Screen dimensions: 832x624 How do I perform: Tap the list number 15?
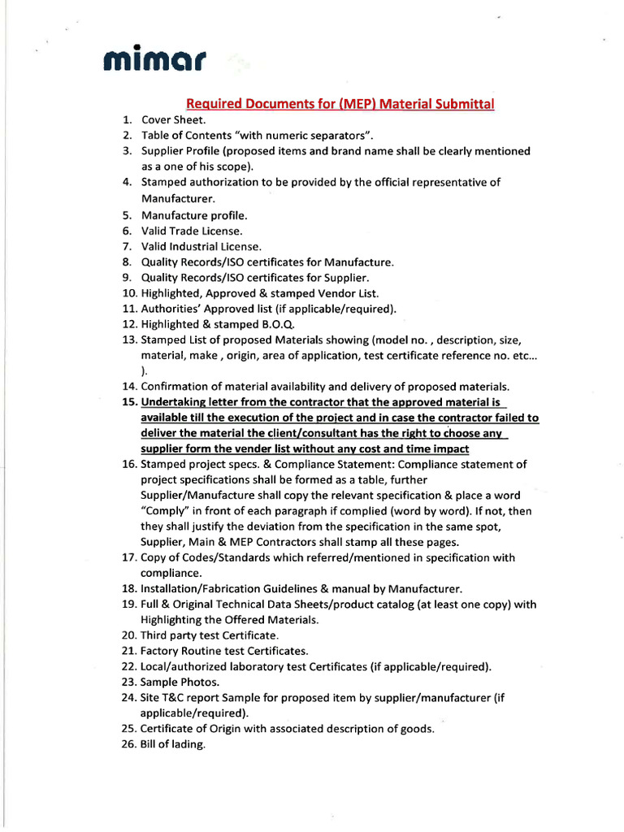tap(130, 402)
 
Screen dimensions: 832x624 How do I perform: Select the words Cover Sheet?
tap(173, 119)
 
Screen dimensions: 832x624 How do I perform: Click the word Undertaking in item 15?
tap(175, 402)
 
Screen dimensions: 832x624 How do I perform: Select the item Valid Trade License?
tap(191, 231)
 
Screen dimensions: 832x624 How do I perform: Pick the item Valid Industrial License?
tap(201, 246)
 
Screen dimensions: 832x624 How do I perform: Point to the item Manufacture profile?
tap(193, 215)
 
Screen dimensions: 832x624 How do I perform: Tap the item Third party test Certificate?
tap(210, 635)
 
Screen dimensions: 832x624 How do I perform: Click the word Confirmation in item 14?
tap(178, 387)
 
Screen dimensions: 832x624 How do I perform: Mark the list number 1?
tap(128, 119)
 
